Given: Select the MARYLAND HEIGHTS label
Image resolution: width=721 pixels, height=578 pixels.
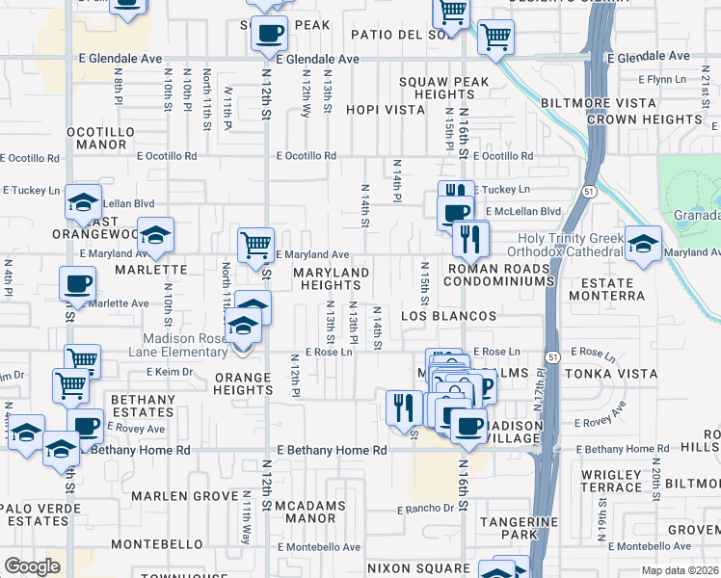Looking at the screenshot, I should point(332,279).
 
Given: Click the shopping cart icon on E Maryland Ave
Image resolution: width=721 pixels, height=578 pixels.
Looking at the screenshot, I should point(255,245).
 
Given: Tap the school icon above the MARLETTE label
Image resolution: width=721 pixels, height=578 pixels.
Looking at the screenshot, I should point(154,234).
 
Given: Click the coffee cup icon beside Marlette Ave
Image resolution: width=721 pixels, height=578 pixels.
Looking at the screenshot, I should point(78,283).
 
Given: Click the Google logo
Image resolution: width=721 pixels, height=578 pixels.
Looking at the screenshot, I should point(32,566).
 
